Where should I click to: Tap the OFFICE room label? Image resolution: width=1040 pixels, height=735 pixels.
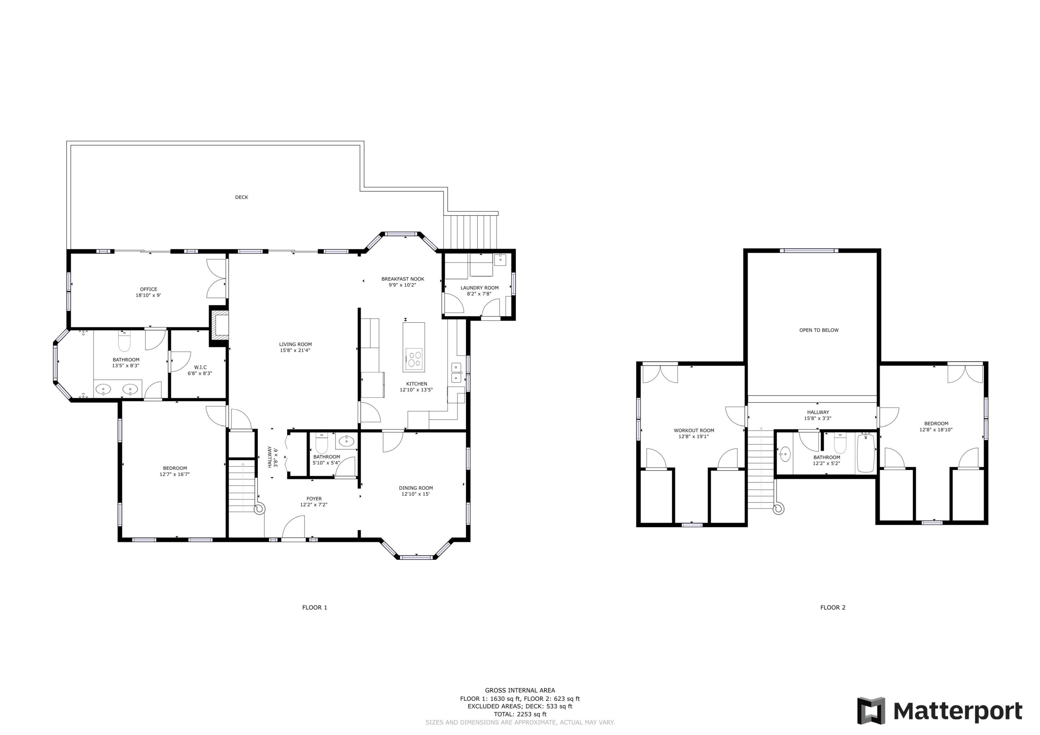(149, 289)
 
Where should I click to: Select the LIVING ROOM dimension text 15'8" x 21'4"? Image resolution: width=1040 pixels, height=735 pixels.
(295, 350)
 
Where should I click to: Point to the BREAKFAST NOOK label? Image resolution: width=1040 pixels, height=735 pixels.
(403, 279)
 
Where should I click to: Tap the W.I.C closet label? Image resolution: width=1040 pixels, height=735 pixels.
(200, 367)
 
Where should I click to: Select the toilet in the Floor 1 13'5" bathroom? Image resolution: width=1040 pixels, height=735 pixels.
(124, 342)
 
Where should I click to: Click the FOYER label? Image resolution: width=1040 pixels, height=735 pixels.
(314, 499)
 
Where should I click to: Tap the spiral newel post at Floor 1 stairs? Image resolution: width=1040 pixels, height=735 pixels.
(259, 509)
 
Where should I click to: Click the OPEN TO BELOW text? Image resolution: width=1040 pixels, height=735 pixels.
(819, 330)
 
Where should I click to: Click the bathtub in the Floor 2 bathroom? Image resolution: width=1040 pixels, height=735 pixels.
(866, 453)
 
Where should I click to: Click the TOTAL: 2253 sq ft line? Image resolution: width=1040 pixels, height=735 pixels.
(520, 714)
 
